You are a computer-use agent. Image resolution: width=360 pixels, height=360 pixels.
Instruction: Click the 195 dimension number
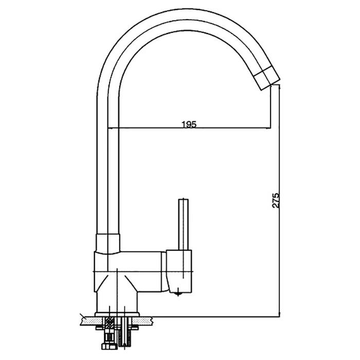pyautogui.click(x=189, y=124)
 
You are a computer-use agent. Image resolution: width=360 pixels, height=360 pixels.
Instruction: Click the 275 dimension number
pyautogui.click(x=276, y=201)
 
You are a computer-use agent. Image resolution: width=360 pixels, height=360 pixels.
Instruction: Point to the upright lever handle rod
pyautogui.click(x=184, y=224)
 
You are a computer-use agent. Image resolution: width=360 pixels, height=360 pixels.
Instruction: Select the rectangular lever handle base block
pyautogui.click(x=179, y=271)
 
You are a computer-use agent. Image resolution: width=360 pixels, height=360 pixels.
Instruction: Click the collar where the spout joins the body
pyautogui.click(x=108, y=244)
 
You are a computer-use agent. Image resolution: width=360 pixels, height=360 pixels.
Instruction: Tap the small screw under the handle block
pyautogui.click(x=178, y=294)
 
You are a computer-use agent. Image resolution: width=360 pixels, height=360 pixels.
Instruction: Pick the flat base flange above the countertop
pyautogui.click(x=117, y=314)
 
